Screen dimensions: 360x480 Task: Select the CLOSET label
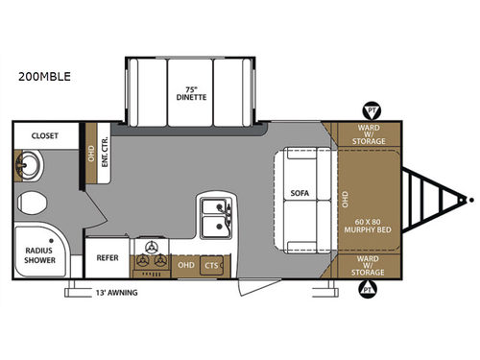click(x=44, y=136)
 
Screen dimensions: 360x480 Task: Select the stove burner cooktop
click(x=150, y=257)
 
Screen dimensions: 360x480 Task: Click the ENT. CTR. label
click(x=104, y=155)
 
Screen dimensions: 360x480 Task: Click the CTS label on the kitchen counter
click(x=210, y=264)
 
